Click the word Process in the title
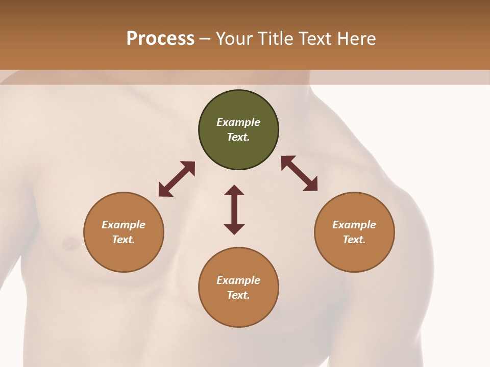160,39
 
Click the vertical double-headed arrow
234,209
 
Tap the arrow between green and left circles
177,179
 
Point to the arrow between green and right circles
299,173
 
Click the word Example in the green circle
238,122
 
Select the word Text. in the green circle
238,137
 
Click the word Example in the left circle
124,225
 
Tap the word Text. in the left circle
124,240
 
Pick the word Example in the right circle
354,225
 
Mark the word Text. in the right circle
354,240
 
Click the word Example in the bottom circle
238,280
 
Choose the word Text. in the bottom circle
238,295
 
